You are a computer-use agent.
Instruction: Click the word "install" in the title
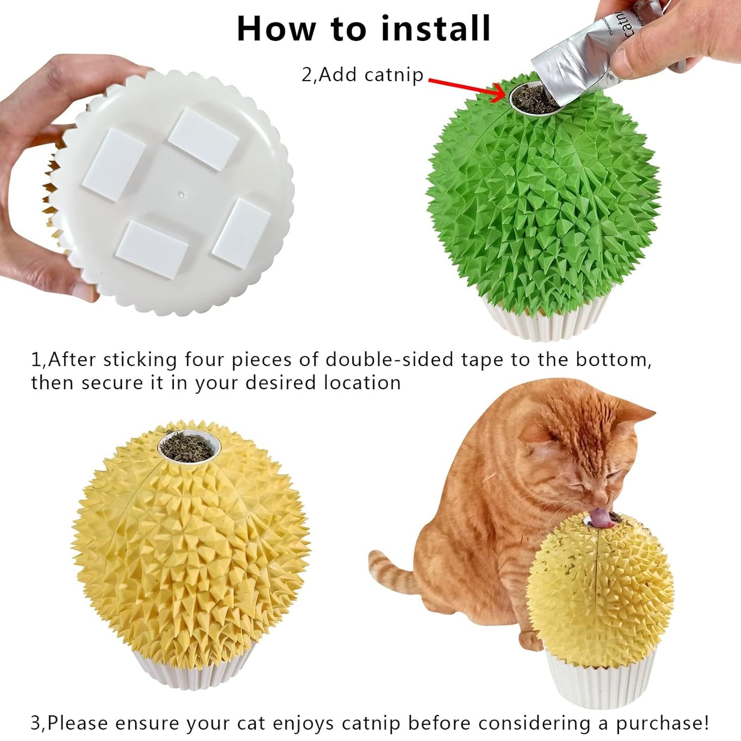pyautogui.click(x=435, y=29)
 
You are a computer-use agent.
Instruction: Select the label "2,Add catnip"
pyautogui.click(x=363, y=75)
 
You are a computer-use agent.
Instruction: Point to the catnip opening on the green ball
pyautogui.click(x=533, y=98)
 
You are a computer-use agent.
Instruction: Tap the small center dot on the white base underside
pyautogui.click(x=180, y=194)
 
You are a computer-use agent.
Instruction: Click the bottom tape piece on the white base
pyautogui.click(x=151, y=250)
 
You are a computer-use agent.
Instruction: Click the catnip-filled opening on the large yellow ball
pyautogui.click(x=188, y=447)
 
